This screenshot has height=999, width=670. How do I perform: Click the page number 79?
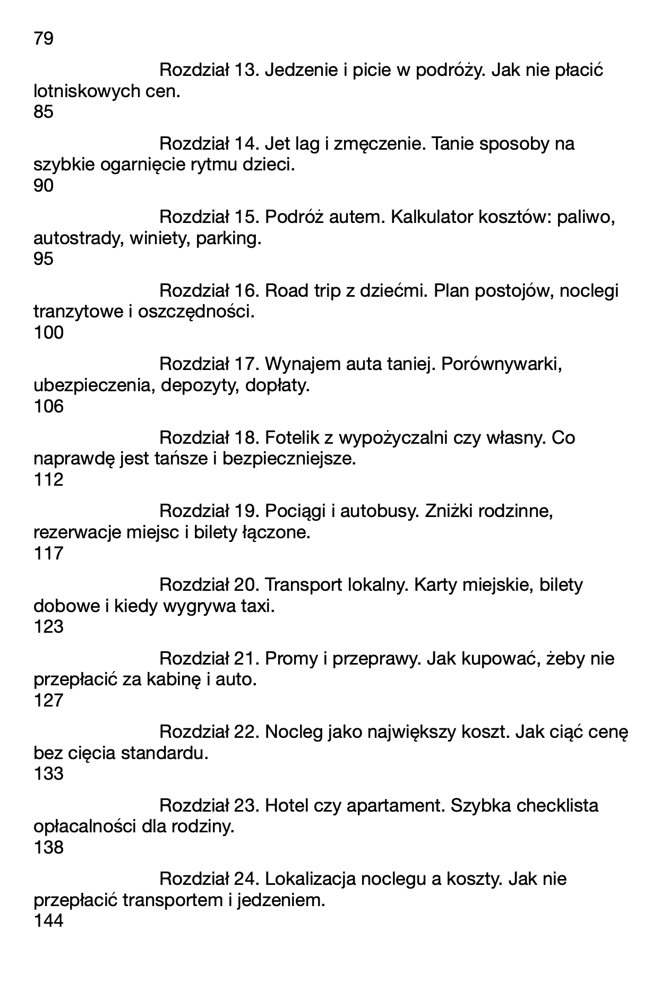[44, 39]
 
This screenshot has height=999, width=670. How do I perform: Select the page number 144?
[48, 921]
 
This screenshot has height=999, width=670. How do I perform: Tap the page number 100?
[48, 333]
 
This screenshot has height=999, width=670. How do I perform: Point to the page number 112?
[48, 480]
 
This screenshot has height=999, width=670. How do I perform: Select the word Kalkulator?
[432, 218]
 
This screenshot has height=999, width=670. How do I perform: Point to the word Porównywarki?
[501, 365]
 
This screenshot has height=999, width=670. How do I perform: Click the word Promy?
[287, 659]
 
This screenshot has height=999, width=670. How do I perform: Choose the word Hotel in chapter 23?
[287, 806]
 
